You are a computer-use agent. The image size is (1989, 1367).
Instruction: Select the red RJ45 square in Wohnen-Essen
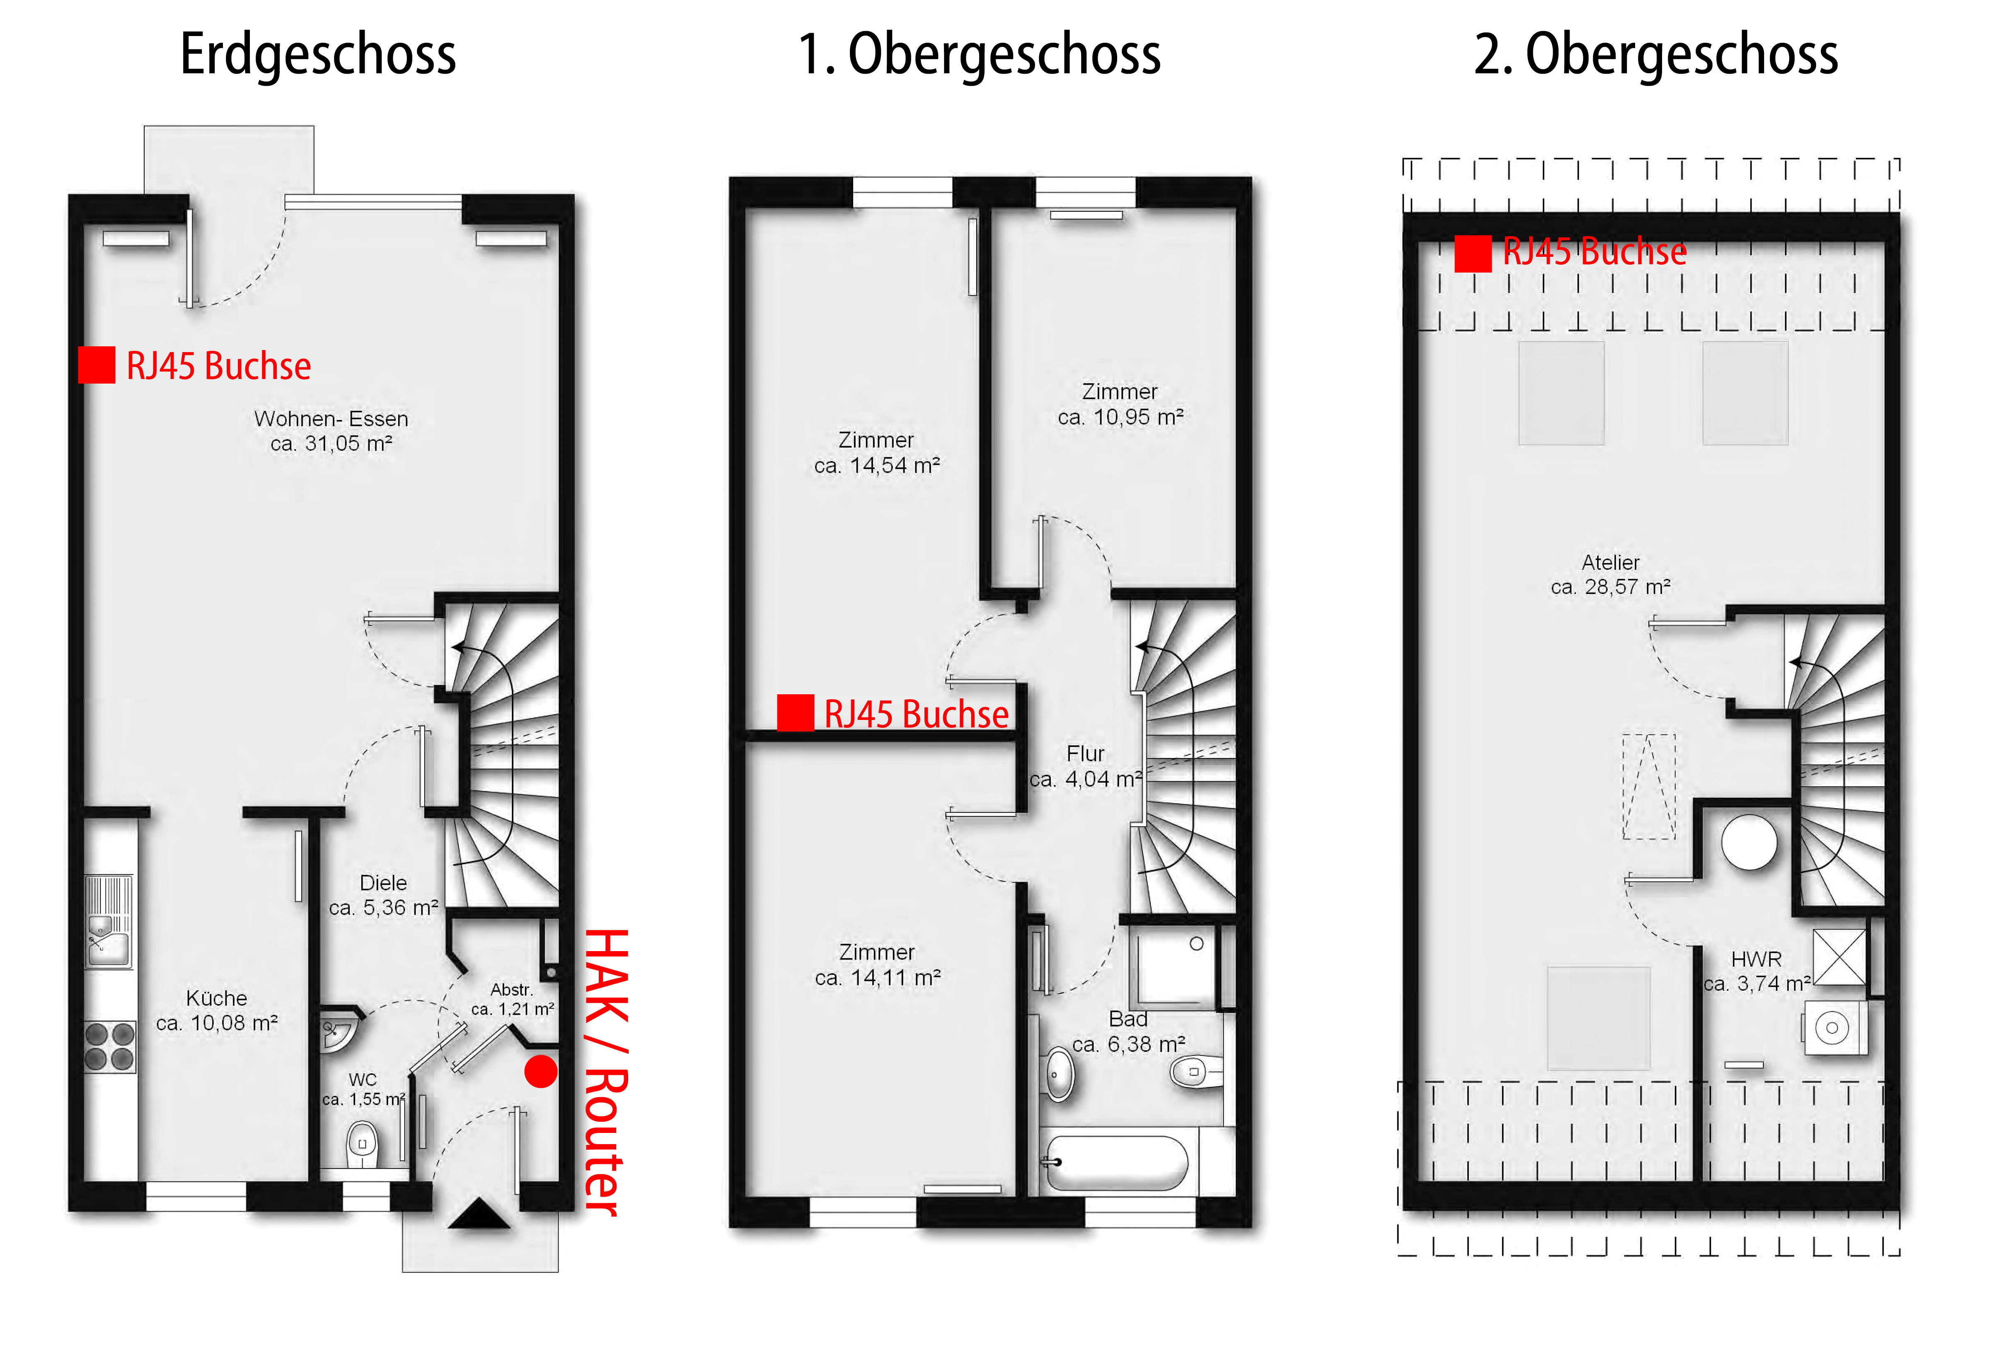[x=97, y=365]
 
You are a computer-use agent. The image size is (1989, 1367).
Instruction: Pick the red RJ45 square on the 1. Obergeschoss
[x=795, y=712]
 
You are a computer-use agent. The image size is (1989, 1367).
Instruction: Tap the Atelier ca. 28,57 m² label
[x=1610, y=575]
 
